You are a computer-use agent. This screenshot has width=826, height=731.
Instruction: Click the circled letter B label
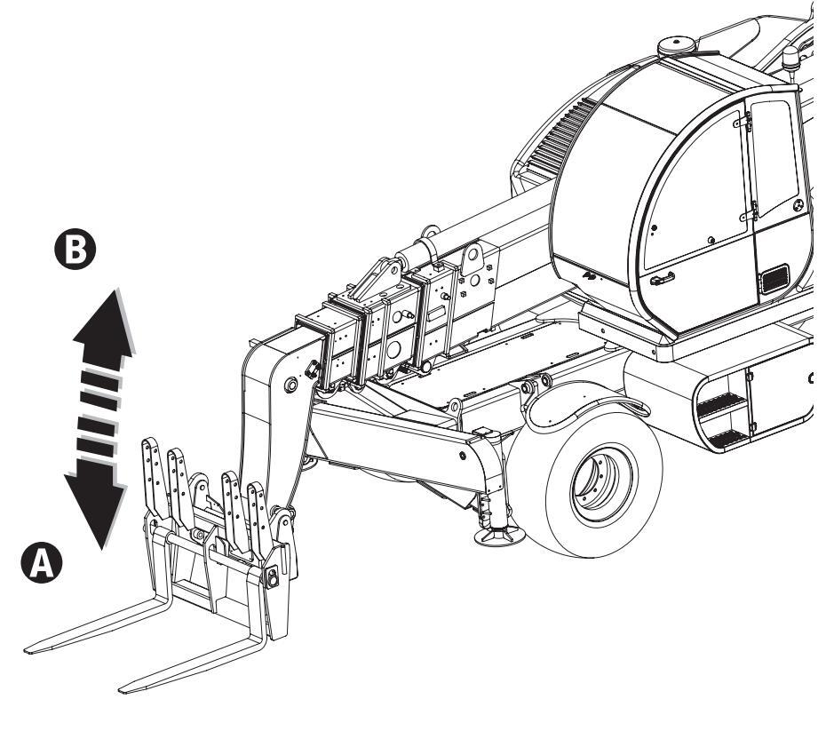[75, 249]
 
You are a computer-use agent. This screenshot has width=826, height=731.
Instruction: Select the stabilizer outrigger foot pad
[499, 536]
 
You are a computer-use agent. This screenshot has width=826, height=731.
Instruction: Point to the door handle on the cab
[663, 279]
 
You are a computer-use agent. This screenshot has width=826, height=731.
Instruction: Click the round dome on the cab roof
[677, 46]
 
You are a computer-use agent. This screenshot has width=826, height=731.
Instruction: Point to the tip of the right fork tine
[120, 690]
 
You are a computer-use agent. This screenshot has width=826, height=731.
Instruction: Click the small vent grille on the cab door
[774, 280]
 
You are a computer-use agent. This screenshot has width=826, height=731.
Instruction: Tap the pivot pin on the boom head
[290, 384]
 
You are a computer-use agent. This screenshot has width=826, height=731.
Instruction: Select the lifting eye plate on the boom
[473, 258]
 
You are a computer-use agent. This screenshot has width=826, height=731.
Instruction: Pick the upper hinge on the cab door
[743, 123]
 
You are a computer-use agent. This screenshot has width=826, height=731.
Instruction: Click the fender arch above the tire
[579, 401]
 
